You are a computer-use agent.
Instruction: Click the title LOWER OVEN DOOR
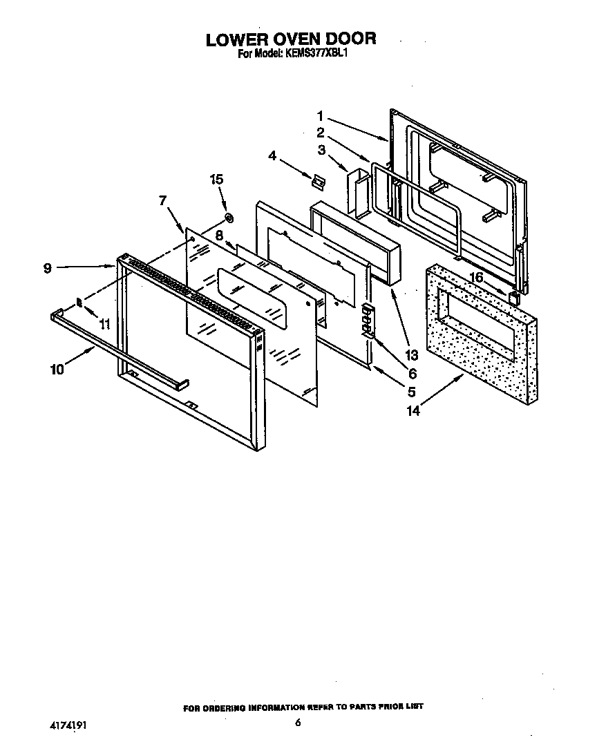click(x=291, y=39)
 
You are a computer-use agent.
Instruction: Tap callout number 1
click(x=321, y=115)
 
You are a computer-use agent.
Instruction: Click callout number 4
click(x=272, y=157)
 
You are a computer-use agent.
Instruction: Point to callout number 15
click(x=216, y=180)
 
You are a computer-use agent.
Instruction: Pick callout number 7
click(x=163, y=201)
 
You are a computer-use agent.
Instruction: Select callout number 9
click(x=48, y=268)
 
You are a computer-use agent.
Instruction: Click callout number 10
click(x=57, y=370)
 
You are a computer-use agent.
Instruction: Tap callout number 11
click(x=104, y=323)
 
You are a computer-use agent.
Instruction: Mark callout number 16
click(x=475, y=277)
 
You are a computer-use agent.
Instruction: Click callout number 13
click(x=412, y=356)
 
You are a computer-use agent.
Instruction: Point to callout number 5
click(x=412, y=392)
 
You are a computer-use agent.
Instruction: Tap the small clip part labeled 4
click(x=317, y=181)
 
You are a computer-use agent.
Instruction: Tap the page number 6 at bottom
click(x=298, y=723)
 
